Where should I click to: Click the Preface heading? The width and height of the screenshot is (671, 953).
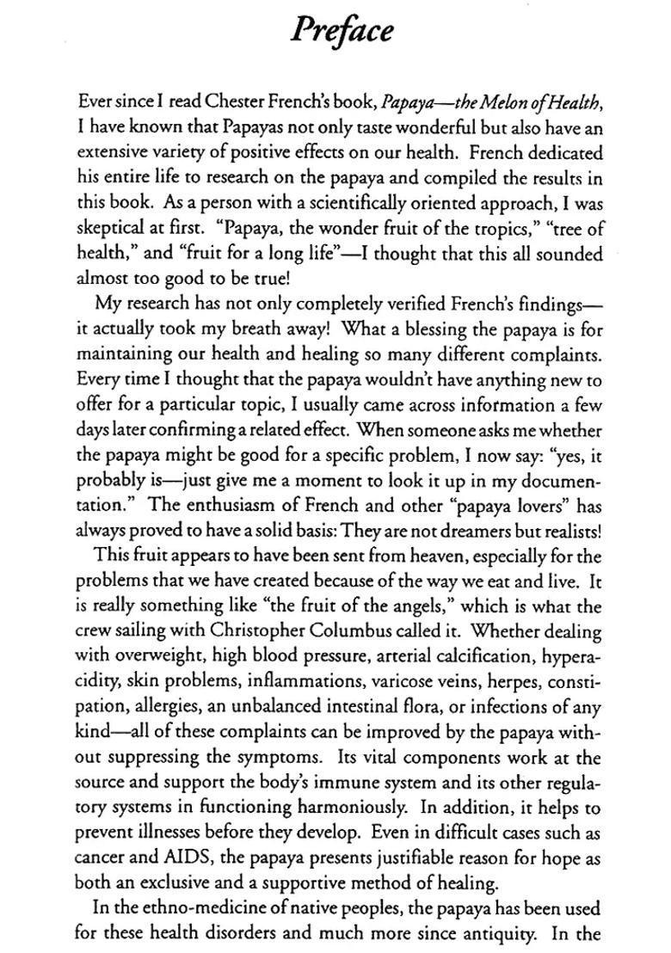pyautogui.click(x=342, y=30)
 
